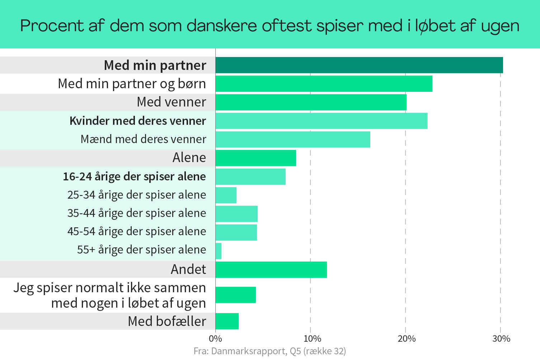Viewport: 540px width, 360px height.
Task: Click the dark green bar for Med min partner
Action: point(359,65)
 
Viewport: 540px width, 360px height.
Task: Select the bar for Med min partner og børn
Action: point(324,84)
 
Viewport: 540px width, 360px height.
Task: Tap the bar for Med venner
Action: point(311,102)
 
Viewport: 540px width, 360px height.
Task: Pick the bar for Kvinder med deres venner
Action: point(321,121)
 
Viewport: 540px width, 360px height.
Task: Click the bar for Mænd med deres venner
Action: point(292,139)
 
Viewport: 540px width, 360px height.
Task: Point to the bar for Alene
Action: point(255,158)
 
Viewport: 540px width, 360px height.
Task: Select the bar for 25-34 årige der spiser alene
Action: point(226,195)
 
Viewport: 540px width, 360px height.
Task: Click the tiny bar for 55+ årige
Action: point(219,251)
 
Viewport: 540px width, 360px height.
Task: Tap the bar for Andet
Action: point(271,270)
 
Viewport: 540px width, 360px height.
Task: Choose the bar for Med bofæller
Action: point(227,321)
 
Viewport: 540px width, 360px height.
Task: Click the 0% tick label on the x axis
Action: point(215,338)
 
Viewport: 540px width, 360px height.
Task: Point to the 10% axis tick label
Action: point(312,338)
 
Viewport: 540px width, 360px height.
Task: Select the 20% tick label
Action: point(407,338)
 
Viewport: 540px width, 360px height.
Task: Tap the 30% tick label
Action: point(501,338)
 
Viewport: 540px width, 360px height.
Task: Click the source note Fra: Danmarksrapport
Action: point(269,351)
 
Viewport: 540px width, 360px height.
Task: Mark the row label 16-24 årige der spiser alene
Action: point(134,176)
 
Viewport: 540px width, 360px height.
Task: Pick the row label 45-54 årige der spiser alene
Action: point(137,231)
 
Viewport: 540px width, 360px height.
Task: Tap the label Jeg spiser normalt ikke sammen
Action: point(109,288)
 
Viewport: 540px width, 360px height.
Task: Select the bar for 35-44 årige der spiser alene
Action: point(236,214)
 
